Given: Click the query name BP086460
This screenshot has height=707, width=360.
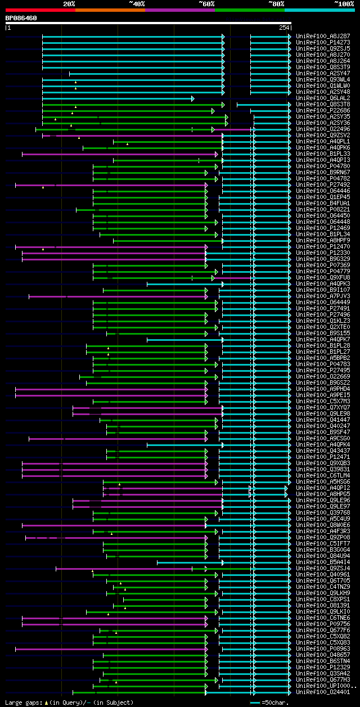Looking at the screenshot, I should (x=21, y=18).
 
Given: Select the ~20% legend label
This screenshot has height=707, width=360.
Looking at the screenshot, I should (x=69, y=4).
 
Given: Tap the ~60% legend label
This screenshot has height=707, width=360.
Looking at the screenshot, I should (x=206, y=4).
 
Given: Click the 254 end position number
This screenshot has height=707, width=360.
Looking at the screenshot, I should (x=283, y=28).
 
